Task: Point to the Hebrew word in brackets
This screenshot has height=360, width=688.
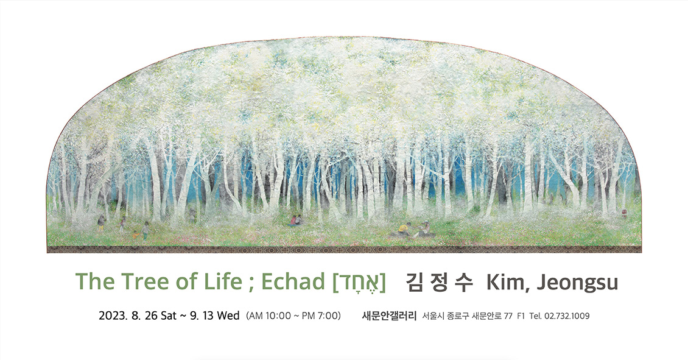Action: click(359, 282)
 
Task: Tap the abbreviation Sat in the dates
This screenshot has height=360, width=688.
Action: click(169, 316)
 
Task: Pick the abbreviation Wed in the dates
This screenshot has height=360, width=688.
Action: click(228, 316)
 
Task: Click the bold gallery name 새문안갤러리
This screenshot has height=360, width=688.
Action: click(389, 316)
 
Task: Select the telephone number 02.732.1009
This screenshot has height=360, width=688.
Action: click(566, 316)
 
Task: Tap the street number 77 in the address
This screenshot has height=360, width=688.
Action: click(508, 316)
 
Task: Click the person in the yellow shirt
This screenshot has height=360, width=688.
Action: click(404, 229)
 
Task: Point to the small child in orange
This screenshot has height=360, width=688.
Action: click(136, 235)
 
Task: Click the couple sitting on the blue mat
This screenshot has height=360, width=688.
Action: click(296, 221)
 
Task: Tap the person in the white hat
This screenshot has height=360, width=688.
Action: click(423, 229)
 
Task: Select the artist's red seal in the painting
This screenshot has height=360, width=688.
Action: click(624, 213)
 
